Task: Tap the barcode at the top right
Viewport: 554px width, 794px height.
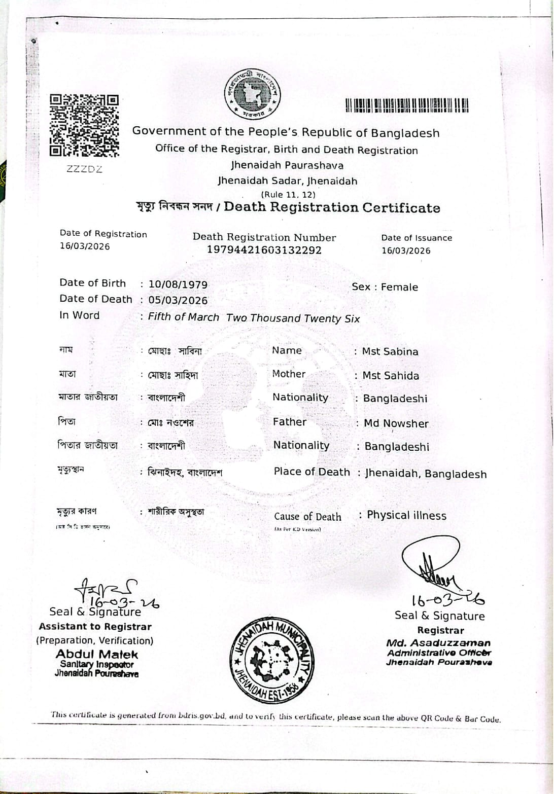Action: (406, 105)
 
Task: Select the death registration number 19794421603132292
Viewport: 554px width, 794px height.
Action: (264, 250)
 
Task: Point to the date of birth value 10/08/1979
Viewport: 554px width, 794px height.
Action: (178, 284)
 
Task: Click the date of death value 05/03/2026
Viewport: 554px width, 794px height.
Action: (178, 300)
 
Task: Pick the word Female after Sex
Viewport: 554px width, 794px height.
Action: (399, 287)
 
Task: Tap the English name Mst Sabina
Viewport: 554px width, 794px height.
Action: (390, 351)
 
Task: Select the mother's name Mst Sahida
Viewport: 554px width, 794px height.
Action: (391, 376)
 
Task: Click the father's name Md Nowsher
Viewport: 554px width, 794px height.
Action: (396, 423)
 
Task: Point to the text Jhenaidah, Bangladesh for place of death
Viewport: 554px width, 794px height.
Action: (426, 474)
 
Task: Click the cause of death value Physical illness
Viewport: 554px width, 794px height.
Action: (406, 516)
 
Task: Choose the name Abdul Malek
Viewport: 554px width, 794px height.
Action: (97, 654)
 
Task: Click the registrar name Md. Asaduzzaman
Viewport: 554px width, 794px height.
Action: (438, 643)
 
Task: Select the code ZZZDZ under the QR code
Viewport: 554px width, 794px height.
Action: (84, 169)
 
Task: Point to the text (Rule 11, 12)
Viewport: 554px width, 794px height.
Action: (288, 194)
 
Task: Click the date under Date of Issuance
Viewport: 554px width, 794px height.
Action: (406, 250)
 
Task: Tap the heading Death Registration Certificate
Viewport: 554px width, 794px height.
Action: (332, 207)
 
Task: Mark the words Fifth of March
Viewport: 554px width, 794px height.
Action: (183, 317)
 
